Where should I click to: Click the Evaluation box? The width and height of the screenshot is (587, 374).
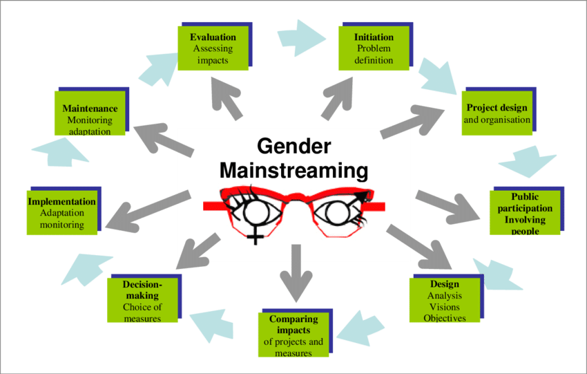(x=213, y=48)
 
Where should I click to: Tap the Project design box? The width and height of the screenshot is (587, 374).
(x=497, y=113)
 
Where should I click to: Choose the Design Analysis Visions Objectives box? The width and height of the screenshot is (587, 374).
(x=444, y=301)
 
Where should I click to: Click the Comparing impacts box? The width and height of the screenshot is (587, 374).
(x=293, y=335)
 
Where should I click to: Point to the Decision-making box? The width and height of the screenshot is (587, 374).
(x=142, y=301)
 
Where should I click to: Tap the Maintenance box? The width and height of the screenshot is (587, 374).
(x=90, y=114)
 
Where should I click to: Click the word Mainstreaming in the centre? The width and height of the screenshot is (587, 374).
(x=293, y=170)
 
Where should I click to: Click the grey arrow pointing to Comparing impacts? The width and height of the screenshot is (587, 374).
(x=296, y=273)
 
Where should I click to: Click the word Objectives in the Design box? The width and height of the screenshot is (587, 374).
(x=444, y=318)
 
